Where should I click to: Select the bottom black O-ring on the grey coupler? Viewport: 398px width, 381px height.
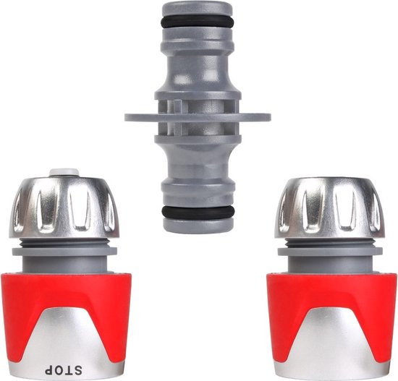tap(197, 211)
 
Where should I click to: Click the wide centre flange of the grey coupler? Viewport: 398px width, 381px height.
tap(197, 116)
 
